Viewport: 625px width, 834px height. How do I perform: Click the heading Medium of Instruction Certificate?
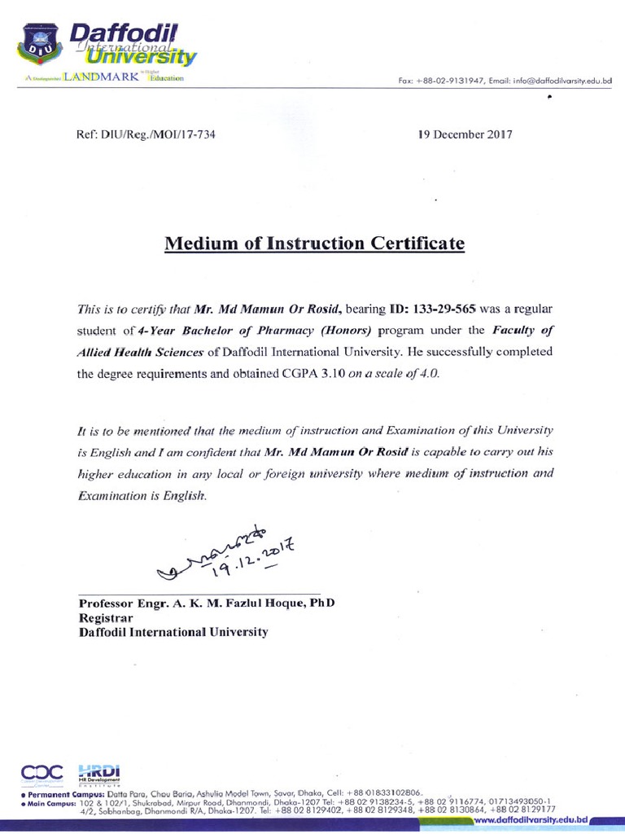click(x=315, y=243)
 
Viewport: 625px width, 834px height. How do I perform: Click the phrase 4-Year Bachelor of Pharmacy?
click(x=212, y=331)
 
